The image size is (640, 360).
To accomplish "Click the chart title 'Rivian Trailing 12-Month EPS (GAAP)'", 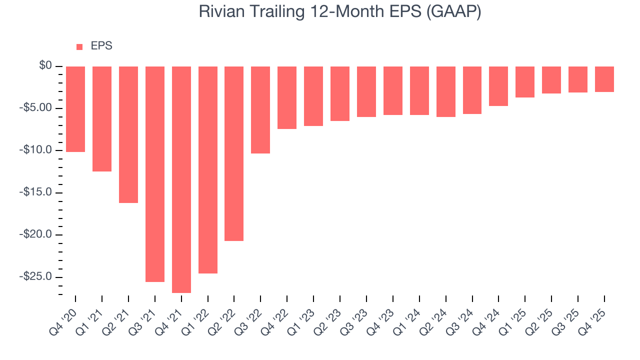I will pyautogui.click(x=340, y=11).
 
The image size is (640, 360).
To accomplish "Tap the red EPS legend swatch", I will pyautogui.click(x=79, y=47).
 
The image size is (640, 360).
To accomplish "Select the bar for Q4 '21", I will pyautogui.click(x=181, y=179).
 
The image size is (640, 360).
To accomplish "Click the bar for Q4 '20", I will pyautogui.click(x=75, y=109).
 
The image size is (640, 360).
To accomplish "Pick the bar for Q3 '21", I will pyautogui.click(x=155, y=174).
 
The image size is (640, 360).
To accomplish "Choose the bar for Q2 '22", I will pyautogui.click(x=234, y=153).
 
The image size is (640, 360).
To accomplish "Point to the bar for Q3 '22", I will pyautogui.click(x=260, y=110).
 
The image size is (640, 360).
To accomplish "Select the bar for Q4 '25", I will pyautogui.click(x=604, y=79).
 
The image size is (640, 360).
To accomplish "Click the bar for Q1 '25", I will pyautogui.click(x=525, y=82).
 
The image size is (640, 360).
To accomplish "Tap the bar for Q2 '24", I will pyautogui.click(x=445, y=91).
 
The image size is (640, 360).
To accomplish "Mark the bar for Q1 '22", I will pyautogui.click(x=208, y=170).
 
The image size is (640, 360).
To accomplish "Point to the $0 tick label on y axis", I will pyautogui.click(x=45, y=66).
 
